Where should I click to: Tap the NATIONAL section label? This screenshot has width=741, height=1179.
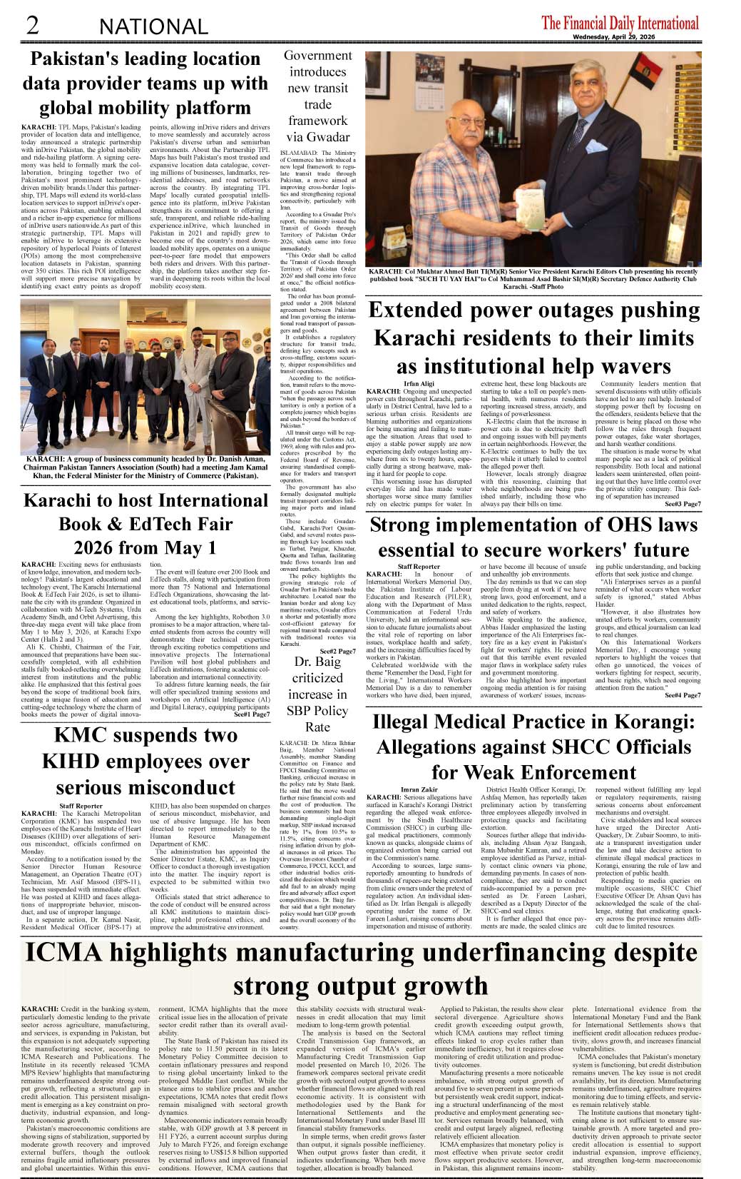click(x=153, y=27)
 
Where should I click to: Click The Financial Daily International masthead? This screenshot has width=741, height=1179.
click(x=620, y=23)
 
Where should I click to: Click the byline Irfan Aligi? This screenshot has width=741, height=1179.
click(x=419, y=384)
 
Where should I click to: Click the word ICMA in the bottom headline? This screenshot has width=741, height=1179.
click(x=63, y=953)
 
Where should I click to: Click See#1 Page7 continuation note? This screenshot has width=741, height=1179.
click(x=251, y=714)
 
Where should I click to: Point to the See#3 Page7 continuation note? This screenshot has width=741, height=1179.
click(x=683, y=504)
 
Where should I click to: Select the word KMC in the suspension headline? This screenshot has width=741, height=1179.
click(x=84, y=735)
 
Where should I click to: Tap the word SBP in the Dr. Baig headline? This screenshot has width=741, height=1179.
click(x=298, y=710)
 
